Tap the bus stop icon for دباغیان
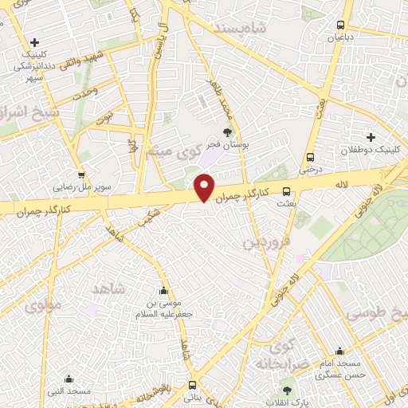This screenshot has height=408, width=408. point(341,25)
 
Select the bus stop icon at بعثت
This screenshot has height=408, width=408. point(287,191)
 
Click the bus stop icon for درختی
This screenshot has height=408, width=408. point(309,157)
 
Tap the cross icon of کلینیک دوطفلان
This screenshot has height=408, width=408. point(371,137)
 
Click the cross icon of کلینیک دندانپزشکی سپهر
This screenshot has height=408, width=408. point(33,42)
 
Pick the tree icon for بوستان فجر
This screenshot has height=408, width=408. point(228,133)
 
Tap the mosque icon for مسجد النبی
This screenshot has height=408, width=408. point(68,379)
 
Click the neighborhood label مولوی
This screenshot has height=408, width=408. point(40,304)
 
